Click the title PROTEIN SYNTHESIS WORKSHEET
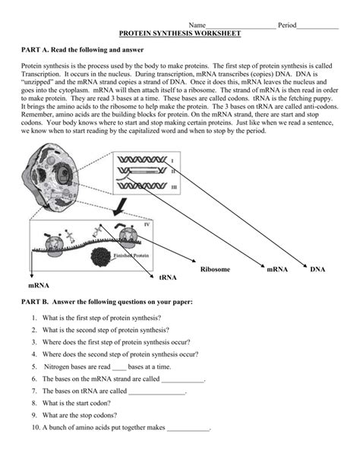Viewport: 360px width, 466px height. [x=180, y=34]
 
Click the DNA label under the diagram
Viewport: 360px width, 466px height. [x=317, y=270]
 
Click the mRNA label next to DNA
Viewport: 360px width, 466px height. [x=275, y=270]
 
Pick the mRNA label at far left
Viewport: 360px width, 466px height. [x=39, y=286]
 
